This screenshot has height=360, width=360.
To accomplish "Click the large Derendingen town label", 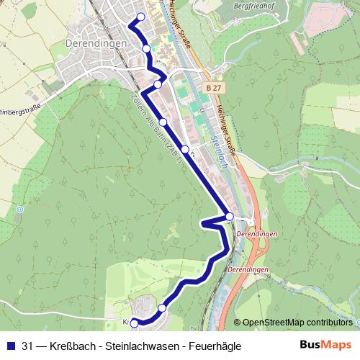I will coord(96,43).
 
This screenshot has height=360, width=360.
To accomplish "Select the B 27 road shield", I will coord(211,87).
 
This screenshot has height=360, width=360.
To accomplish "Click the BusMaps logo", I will coord(325,345).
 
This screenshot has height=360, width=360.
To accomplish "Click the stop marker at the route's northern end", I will coord(141,17).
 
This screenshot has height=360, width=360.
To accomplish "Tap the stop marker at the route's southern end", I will coord(134,323).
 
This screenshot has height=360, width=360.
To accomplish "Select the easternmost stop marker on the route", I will coord(229,216).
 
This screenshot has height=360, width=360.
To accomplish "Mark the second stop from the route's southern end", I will coord(162,307).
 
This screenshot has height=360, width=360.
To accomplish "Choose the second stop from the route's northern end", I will coord(147,48).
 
